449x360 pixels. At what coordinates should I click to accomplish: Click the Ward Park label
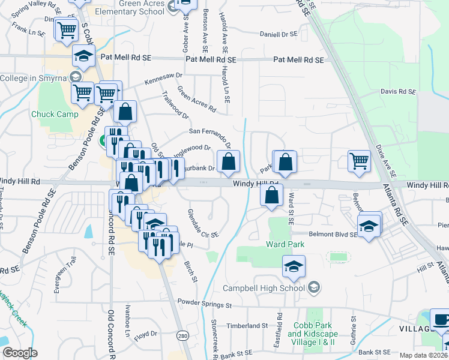(285, 244)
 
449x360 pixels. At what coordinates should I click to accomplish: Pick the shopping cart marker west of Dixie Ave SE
(359, 160)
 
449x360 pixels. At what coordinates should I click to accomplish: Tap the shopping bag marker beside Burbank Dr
(229, 161)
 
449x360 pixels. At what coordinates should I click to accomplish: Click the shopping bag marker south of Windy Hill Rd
(272, 195)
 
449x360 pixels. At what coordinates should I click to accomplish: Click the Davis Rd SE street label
(398, 92)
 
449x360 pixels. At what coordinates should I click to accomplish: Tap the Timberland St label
(247, 326)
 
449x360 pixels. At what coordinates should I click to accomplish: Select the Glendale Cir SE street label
(203, 223)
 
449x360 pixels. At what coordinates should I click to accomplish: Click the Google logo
(20, 353)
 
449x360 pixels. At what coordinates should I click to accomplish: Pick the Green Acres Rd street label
(196, 99)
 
